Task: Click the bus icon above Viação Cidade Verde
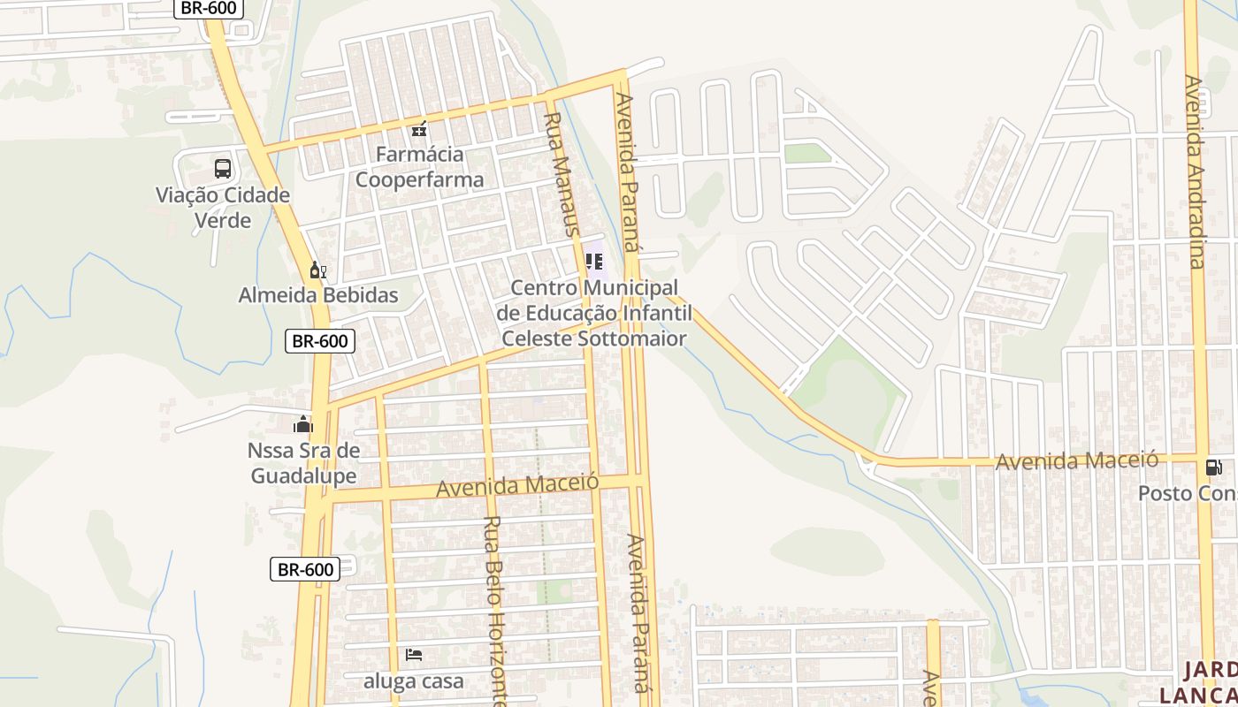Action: click(x=223, y=168)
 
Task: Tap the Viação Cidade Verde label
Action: click(x=223, y=208)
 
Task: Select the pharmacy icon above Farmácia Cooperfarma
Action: click(x=419, y=129)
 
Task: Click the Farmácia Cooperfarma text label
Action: click(x=419, y=167)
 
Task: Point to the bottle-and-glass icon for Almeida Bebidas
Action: click(x=317, y=270)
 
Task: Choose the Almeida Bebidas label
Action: click(x=318, y=295)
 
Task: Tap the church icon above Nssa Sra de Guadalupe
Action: click(x=303, y=424)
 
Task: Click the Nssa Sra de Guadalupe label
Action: click(x=303, y=463)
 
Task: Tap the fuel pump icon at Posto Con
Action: click(x=1213, y=468)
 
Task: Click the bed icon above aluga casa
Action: click(x=414, y=655)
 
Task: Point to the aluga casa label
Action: click(x=414, y=681)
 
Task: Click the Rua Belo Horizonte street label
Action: click(x=493, y=610)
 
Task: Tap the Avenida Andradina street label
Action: click(x=1196, y=171)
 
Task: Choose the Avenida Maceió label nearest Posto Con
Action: click(x=1076, y=460)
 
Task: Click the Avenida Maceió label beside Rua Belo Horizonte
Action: click(x=517, y=485)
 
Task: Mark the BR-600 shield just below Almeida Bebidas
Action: click(x=319, y=341)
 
